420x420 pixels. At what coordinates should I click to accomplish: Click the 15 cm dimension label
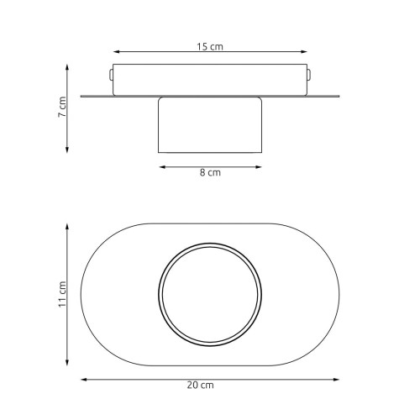(210, 46)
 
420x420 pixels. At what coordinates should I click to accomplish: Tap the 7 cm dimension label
(62, 107)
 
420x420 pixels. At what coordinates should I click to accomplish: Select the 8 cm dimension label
(210, 172)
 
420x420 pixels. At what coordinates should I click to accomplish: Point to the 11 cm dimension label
(62, 294)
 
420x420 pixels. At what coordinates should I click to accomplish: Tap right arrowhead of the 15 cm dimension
(304, 52)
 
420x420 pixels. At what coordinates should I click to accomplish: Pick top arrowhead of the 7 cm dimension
(67, 67)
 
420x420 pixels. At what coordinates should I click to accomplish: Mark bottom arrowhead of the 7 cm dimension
(67, 150)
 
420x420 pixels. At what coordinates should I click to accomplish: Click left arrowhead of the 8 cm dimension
(163, 167)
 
